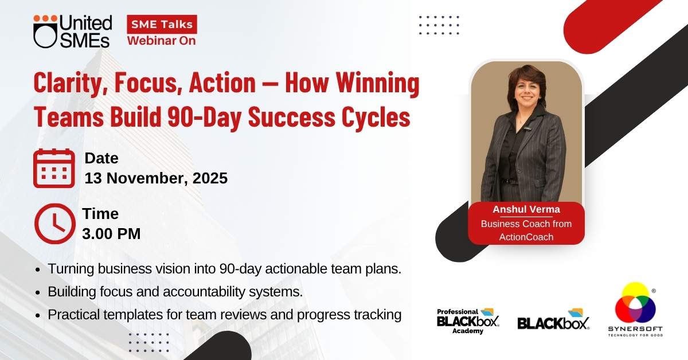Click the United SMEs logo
[x=72, y=32]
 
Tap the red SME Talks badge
[x=162, y=24]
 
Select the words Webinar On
[x=162, y=41]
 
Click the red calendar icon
[x=54, y=169]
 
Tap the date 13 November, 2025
[x=156, y=178]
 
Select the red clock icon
[x=55, y=224]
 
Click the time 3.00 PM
[x=111, y=234]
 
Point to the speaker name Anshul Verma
[x=526, y=209]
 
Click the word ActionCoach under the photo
[x=526, y=237]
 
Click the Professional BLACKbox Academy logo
[x=468, y=321]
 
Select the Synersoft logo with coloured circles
[x=635, y=310]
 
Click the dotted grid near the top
[x=439, y=25]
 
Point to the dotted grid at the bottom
[x=149, y=342]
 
